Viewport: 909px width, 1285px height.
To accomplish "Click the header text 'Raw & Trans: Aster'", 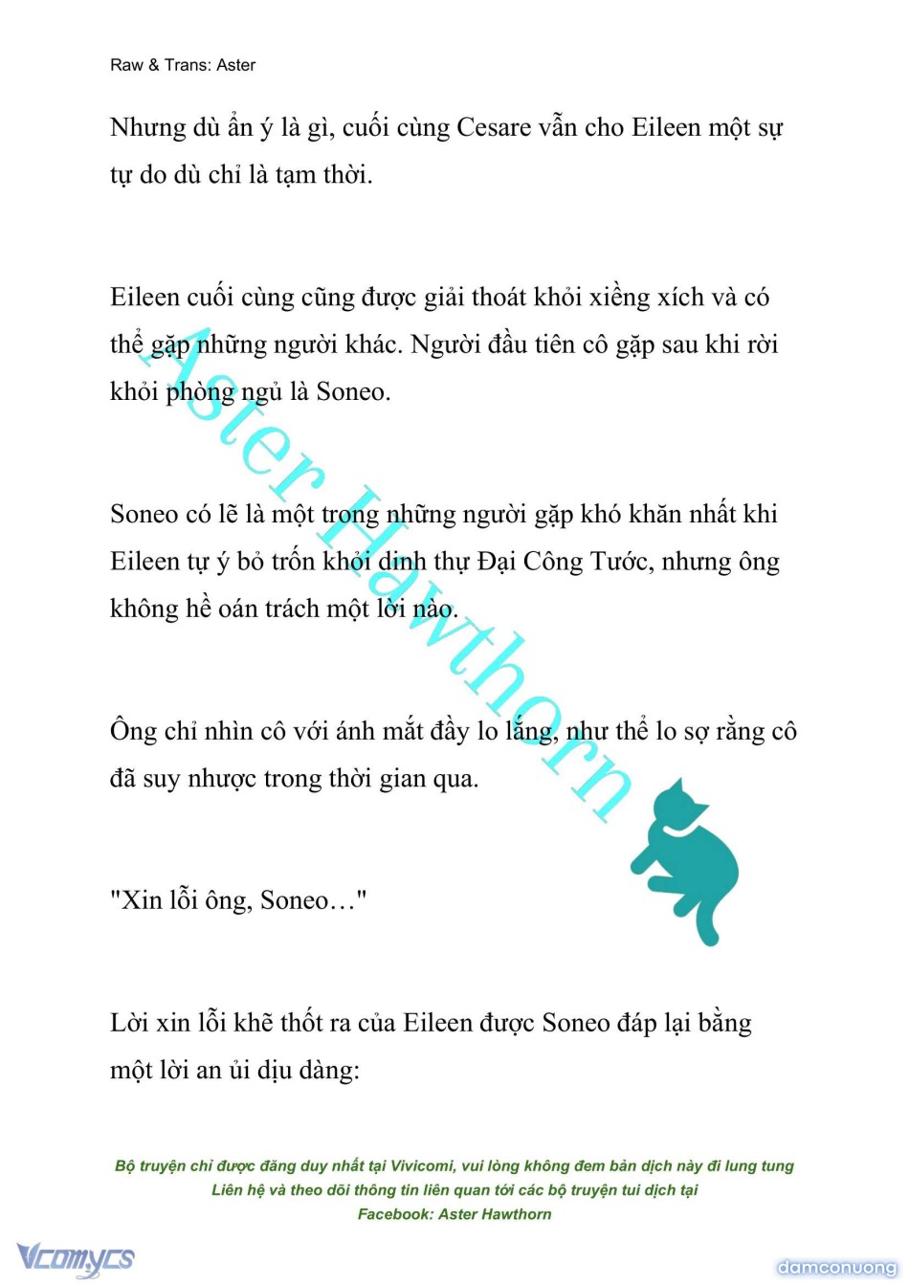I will (x=183, y=65).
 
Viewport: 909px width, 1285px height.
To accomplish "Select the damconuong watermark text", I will (x=836, y=1267).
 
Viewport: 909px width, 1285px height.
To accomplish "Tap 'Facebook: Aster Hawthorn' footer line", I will (x=454, y=1214).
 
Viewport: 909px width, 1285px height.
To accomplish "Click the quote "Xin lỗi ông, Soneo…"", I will (x=238, y=900).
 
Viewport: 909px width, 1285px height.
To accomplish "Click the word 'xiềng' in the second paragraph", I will (x=620, y=298).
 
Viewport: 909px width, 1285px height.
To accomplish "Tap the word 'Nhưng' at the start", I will (x=147, y=127).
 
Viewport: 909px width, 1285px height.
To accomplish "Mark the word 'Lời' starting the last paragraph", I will (x=129, y=1023).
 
